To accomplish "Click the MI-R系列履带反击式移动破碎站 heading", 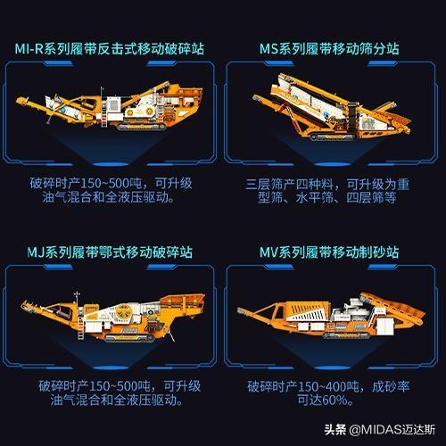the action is (110, 49).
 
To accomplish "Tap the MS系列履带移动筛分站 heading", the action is (329, 49).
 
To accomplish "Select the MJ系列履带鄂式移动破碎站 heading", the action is (110, 252).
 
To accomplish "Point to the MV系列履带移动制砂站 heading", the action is (329, 252).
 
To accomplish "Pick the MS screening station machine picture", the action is (332, 107).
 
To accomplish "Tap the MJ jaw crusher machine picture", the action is (113, 317).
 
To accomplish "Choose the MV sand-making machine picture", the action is (331, 316).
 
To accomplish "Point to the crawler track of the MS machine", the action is (333, 137).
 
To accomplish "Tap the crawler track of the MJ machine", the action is (130, 338).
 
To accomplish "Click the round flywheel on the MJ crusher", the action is (124, 312).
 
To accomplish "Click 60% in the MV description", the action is (334, 401).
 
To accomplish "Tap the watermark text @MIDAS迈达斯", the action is (392, 430).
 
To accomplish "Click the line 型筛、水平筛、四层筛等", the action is (326, 197).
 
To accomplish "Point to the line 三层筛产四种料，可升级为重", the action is (327, 185).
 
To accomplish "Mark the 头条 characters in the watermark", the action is (335, 430).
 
